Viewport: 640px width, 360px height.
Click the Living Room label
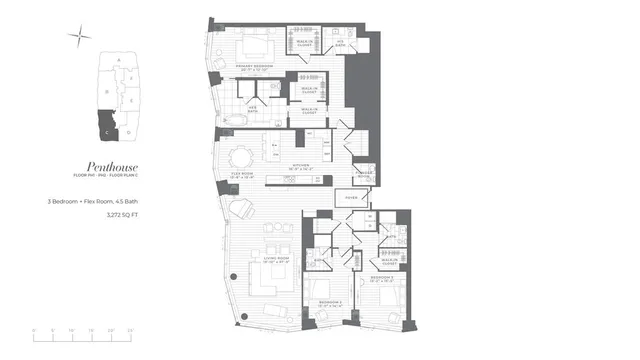click(275, 261)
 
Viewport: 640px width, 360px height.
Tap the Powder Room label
click(364, 168)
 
